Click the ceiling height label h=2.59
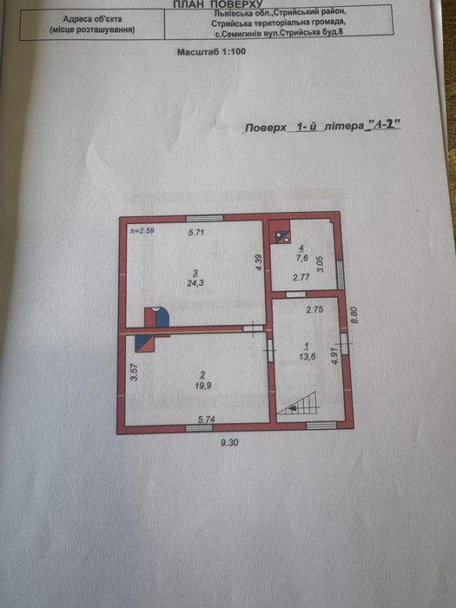[142, 231]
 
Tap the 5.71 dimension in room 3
[195, 233]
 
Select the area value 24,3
[195, 283]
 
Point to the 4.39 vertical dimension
[260, 262]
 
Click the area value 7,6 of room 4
[301, 257]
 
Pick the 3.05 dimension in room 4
[320, 264]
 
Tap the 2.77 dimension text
[301, 277]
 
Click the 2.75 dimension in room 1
[314, 309]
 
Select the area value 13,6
[307, 356]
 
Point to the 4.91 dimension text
[335, 354]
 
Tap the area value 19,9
[203, 386]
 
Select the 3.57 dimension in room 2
[134, 373]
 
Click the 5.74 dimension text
[207, 420]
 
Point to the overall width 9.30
[229, 442]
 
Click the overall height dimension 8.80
[354, 315]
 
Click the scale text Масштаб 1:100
[211, 51]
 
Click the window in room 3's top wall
[204, 218]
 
